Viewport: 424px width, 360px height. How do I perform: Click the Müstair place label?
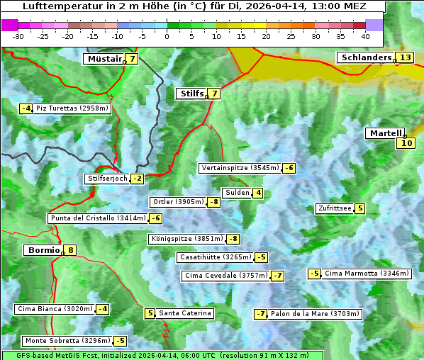coord(104,59)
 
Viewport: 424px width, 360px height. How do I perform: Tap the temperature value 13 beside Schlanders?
coord(405,57)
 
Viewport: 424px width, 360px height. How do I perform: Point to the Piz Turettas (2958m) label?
coord(72,108)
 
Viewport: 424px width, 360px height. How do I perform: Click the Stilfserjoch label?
coord(107,179)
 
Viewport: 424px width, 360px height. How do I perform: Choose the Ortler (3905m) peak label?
coord(177,202)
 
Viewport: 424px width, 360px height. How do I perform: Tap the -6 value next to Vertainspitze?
coord(289,168)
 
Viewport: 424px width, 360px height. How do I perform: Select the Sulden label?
coord(236,193)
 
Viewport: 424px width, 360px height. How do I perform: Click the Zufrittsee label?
coord(335,208)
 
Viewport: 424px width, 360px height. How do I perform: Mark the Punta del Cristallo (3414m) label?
coord(98,218)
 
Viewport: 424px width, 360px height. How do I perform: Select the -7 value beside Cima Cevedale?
coord(277,276)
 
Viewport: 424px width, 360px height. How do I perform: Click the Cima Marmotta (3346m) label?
coord(367,274)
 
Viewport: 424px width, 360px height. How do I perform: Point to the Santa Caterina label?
coord(184,313)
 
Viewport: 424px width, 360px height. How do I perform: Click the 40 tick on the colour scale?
coord(365,36)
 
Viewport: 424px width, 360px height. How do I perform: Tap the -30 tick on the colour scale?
coord(18,36)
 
